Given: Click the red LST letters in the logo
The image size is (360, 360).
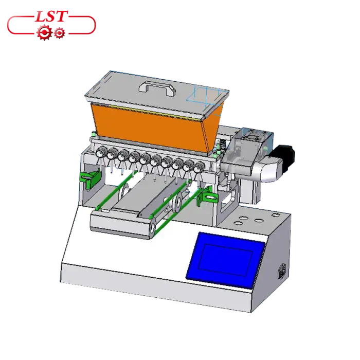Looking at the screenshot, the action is tap(51, 16).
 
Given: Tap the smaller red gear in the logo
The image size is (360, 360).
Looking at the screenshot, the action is tap(60, 33).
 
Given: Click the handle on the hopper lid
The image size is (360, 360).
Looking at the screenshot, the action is tap(157, 88).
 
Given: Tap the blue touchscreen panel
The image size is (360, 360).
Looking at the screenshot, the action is tap(225, 260).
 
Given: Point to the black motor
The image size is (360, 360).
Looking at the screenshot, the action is tap(285, 158).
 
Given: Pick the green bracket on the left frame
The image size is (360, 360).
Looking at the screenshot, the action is tap(90, 178).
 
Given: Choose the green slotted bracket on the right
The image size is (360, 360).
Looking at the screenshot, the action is tap(207, 195).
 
